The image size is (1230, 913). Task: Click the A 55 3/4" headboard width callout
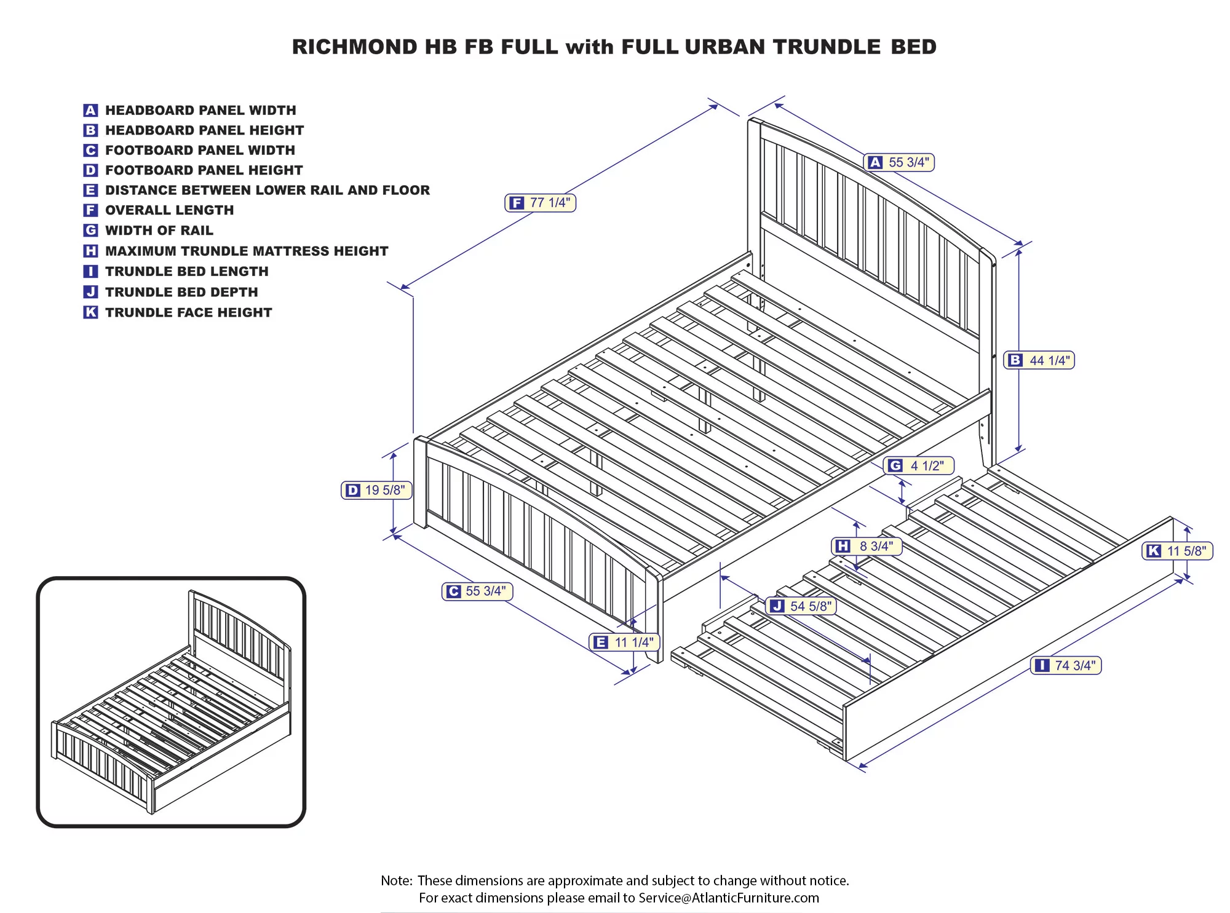pos(899,162)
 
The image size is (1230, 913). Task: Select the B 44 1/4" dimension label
pos(1039,360)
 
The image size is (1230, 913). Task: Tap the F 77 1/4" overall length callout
pos(540,203)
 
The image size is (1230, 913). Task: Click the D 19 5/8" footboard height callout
pos(376,490)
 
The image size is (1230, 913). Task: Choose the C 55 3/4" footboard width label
pos(477,591)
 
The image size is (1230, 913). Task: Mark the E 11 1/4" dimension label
pos(624,642)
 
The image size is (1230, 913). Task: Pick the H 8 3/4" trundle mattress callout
pos(867,546)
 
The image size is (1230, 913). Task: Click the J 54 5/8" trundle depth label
pos(801,606)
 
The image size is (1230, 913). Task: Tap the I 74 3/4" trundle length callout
pos(1066,665)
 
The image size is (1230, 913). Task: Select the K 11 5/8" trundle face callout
pos(1177,551)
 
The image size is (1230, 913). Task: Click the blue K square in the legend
pos(90,312)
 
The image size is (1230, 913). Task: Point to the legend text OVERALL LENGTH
pos(169,210)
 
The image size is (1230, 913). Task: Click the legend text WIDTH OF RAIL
pos(159,231)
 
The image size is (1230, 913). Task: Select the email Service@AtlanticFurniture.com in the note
pos(728,898)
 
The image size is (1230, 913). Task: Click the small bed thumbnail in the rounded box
pos(171,702)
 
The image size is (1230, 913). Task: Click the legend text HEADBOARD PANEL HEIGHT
pos(204,130)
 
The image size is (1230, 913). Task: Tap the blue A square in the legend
pos(90,110)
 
